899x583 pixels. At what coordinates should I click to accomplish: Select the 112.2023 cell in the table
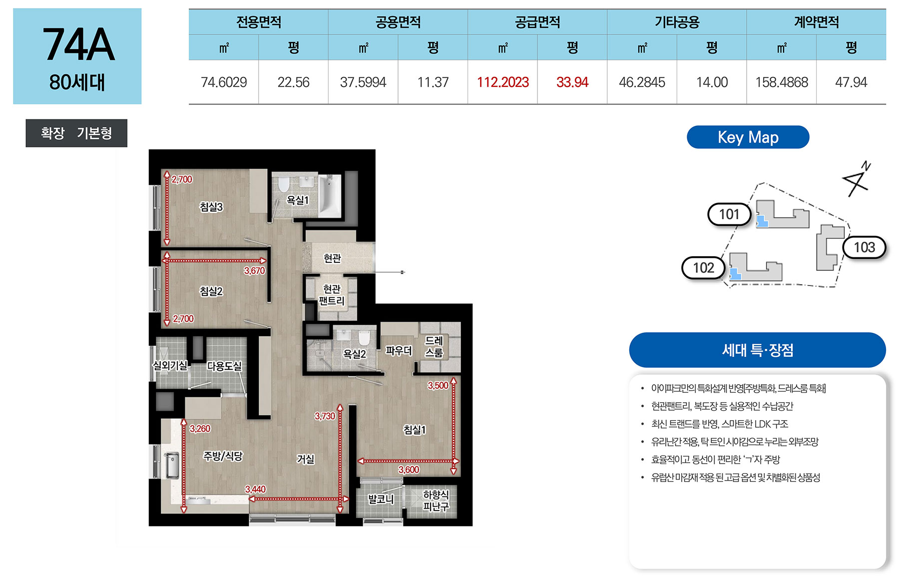502,82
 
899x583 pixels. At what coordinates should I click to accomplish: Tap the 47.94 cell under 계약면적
851,82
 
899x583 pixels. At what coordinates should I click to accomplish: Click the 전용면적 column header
259,22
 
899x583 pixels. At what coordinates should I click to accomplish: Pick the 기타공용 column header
677,22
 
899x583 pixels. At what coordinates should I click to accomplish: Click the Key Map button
748,137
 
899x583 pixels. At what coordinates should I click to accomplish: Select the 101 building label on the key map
729,214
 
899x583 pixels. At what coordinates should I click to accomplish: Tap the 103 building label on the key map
864,247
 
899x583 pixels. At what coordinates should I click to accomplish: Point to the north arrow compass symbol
857,179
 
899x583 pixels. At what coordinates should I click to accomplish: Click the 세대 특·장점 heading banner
757,350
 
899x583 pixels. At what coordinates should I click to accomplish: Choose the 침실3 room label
211,207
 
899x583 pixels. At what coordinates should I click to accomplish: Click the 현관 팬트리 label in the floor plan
332,295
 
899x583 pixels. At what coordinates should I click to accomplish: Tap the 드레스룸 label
434,346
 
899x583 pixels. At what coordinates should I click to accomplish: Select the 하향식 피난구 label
436,500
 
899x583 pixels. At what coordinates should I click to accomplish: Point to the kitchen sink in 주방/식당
172,465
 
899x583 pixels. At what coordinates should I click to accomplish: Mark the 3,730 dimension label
325,416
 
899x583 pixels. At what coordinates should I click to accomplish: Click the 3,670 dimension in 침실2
254,271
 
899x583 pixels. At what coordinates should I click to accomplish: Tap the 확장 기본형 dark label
76,133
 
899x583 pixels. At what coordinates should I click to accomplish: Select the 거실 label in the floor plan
306,459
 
